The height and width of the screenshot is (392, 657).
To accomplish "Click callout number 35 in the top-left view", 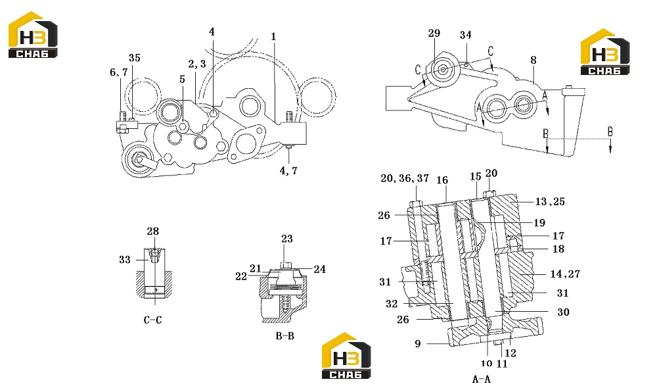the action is [135, 58].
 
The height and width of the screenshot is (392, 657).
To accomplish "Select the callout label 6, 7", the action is [118, 72].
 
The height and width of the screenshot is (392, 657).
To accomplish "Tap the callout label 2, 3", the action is [197, 64].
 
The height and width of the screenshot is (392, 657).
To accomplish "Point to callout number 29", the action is [434, 33].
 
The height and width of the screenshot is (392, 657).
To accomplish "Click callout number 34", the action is [466, 35].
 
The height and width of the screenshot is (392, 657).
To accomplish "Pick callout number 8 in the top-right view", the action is [533, 60].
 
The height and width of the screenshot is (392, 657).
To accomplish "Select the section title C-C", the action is [152, 320].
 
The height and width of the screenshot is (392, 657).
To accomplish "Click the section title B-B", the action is [285, 336].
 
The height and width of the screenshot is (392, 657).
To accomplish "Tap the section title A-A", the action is [482, 380].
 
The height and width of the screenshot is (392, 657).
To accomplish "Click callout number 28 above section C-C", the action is [153, 231].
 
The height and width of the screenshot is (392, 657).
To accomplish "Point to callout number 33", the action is [125, 260].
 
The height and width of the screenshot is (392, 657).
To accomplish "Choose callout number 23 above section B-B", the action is [287, 239].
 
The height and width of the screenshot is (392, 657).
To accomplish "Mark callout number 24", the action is [320, 269].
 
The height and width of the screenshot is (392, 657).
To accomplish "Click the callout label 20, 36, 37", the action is [405, 178].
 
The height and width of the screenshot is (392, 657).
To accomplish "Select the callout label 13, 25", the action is [550, 202].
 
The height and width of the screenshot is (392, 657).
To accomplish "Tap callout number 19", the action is [539, 222].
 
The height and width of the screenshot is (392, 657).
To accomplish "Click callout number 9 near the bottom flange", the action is [418, 344].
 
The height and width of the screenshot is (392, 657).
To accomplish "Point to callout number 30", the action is [563, 312].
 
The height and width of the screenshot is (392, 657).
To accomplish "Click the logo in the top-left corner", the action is [33, 34].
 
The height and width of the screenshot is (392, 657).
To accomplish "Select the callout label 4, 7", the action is [288, 170].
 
